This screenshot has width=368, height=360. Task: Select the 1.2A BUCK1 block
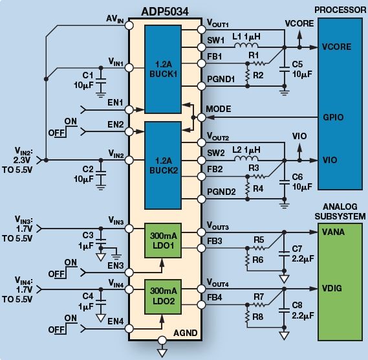click(x=162, y=70)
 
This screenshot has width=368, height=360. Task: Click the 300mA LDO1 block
click(x=162, y=241)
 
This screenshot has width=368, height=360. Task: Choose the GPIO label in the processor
click(x=334, y=118)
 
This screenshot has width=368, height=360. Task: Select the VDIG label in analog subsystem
click(x=333, y=288)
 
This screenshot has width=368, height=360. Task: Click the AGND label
click(x=186, y=333)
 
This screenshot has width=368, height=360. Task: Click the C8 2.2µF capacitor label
click(x=299, y=309)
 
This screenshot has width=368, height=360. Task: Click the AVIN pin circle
click(x=129, y=25)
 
